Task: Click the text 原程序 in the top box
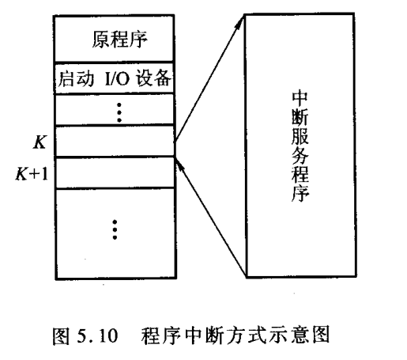point(119,40)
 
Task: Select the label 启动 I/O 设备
point(115,78)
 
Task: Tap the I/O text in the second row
point(116,78)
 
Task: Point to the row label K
point(40,142)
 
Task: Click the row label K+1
point(32,174)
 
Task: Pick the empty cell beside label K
point(115,141)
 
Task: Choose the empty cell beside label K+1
point(115,172)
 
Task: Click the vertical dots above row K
point(119,112)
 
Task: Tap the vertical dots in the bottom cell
point(115,229)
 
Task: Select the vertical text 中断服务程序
point(300,146)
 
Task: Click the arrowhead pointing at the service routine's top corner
point(240,22)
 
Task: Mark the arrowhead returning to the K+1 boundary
point(179,164)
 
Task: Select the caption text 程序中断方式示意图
point(236,335)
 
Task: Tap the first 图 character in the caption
point(62,336)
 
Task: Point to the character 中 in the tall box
point(300,100)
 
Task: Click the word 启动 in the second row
point(76,78)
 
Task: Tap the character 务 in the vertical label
point(300,157)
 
